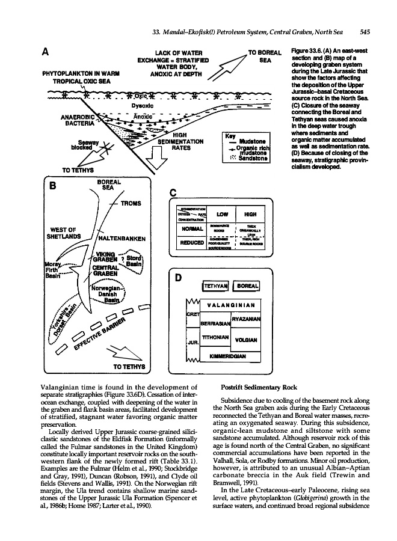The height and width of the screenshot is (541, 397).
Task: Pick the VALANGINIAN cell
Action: point(228,304)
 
